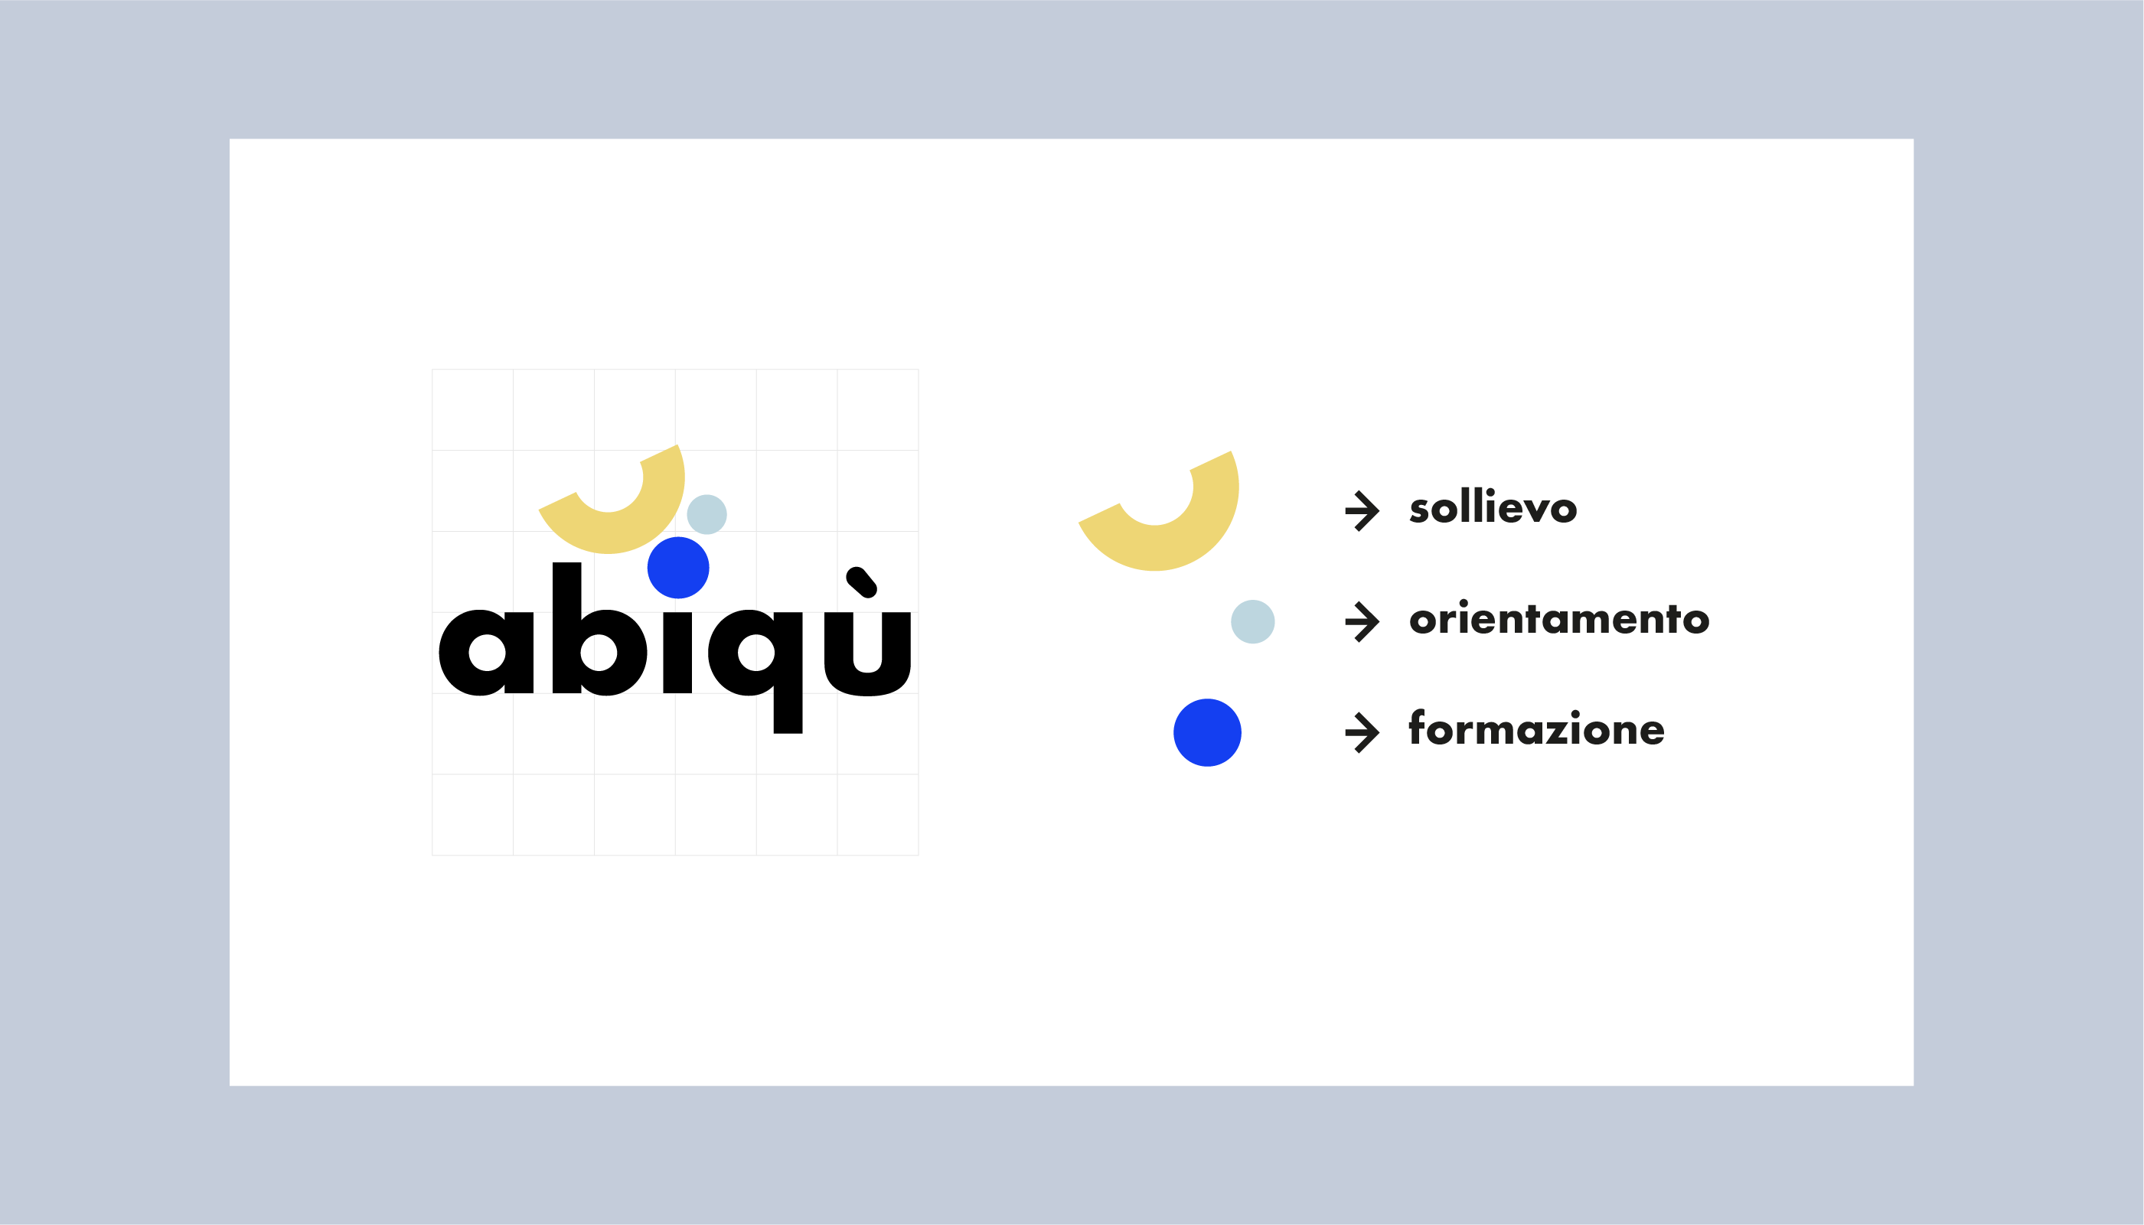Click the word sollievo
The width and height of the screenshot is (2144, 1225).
pyautogui.click(x=1493, y=507)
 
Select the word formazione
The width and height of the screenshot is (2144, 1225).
pyautogui.click(x=1536, y=728)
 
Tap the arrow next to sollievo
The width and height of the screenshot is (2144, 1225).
pyautogui.click(x=1362, y=510)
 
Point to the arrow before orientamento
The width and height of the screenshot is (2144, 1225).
pyautogui.click(x=1362, y=622)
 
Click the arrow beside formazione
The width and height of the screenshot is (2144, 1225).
pyautogui.click(x=1362, y=732)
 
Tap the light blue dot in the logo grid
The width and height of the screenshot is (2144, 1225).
pyautogui.click(x=707, y=514)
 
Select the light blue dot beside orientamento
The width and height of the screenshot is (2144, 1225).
pyautogui.click(x=1253, y=622)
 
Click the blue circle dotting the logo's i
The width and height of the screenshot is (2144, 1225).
pyautogui.click(x=678, y=568)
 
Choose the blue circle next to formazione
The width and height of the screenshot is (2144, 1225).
pyautogui.click(x=1207, y=733)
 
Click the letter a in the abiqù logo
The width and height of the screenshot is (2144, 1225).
pyautogui.click(x=486, y=653)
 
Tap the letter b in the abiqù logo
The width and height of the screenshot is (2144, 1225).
pyautogui.click(x=599, y=629)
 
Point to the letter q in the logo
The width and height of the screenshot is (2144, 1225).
pyautogui.click(x=755, y=671)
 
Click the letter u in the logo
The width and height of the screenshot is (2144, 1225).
pyautogui.click(x=867, y=653)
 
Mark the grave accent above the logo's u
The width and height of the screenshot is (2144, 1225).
pyautogui.click(x=862, y=582)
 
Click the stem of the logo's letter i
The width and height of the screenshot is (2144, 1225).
pyautogui.click(x=677, y=653)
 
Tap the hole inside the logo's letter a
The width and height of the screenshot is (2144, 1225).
pyautogui.click(x=486, y=653)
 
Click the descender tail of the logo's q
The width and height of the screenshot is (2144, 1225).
pyautogui.click(x=788, y=713)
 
